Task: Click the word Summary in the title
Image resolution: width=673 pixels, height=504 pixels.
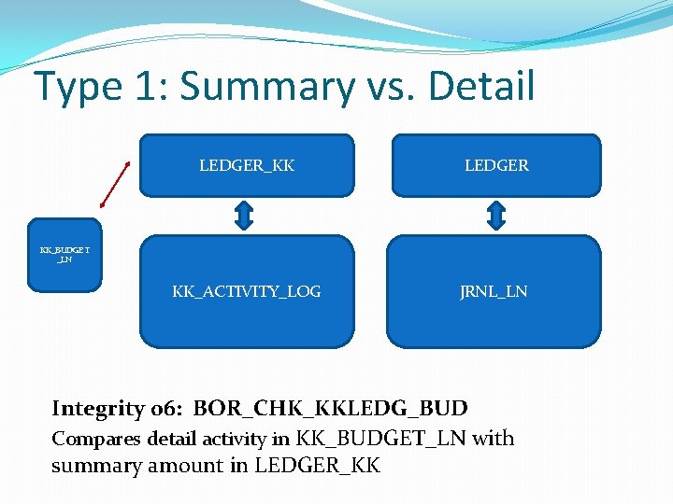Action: (x=267, y=87)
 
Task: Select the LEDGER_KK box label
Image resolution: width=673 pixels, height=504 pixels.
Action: (x=247, y=165)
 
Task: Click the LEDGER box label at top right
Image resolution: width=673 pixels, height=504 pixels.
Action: (x=496, y=165)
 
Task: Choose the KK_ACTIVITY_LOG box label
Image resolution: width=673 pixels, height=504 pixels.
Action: (x=247, y=291)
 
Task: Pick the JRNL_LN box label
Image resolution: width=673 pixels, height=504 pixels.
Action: (x=494, y=291)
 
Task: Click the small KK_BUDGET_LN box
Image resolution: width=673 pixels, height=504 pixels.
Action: (x=64, y=255)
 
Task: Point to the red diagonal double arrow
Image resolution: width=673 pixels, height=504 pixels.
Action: (x=113, y=184)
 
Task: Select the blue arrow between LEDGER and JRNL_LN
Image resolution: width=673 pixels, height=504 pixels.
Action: (x=496, y=216)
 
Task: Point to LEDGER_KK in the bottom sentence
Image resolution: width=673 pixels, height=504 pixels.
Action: (x=317, y=465)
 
